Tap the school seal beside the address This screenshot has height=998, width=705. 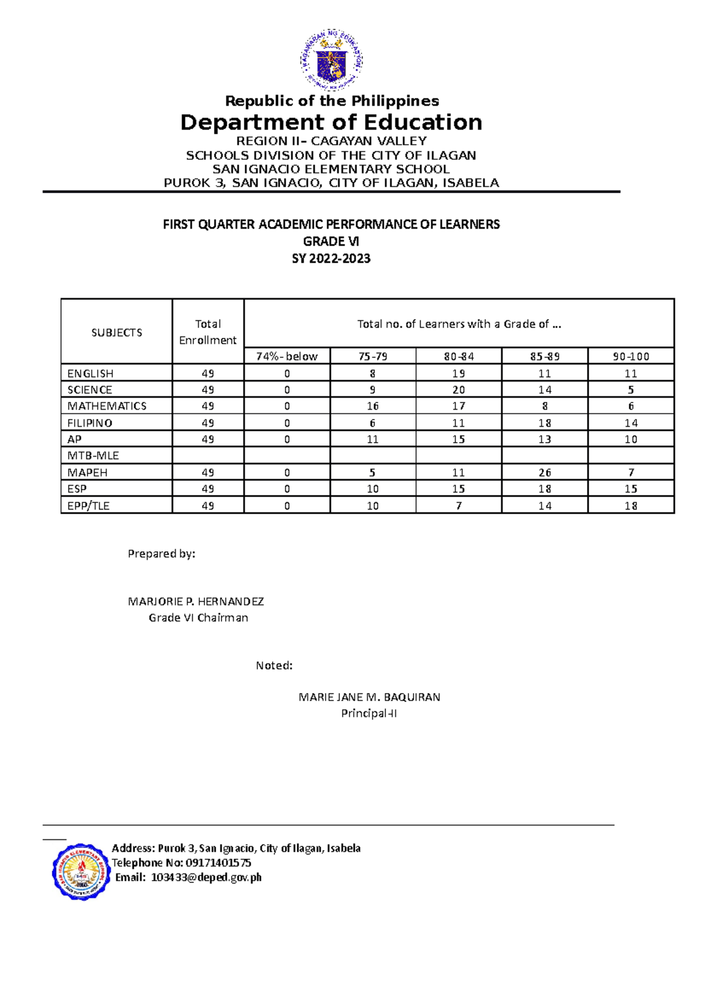81,872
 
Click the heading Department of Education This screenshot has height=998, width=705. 331,122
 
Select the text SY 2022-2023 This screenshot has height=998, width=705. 331,259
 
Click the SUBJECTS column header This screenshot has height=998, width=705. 116,333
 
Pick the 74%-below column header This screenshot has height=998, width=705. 287,356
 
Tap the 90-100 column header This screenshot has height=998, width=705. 630,356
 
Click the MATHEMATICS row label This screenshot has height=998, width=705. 106,406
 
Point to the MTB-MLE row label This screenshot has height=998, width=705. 93,456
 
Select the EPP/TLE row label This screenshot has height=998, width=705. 88,505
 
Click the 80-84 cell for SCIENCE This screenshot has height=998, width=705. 458,390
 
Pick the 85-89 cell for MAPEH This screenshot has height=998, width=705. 545,473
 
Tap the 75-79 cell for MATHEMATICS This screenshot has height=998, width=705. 372,406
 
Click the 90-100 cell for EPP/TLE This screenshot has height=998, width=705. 630,505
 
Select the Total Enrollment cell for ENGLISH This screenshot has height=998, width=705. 207,373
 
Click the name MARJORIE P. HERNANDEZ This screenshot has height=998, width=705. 196,601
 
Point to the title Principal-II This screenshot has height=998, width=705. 369,714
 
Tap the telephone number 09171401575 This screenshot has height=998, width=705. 218,863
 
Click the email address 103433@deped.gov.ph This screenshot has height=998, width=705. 206,878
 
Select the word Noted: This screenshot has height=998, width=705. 274,665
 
